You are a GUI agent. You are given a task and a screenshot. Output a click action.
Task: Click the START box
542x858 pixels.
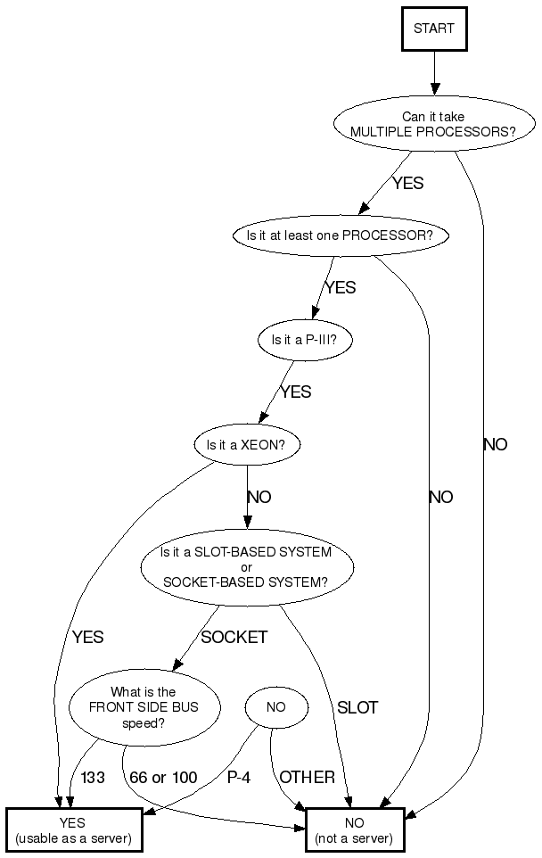coord(434,29)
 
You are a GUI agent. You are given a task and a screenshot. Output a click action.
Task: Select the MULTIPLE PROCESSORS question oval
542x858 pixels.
coord(433,124)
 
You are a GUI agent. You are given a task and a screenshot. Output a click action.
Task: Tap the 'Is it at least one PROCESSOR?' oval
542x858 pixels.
coord(339,235)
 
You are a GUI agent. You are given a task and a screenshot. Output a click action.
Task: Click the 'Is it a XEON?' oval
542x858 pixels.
coord(247,444)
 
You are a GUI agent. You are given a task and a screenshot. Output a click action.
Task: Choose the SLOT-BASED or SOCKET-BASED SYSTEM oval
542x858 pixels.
coord(246,566)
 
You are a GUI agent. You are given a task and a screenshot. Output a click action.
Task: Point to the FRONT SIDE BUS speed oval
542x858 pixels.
coord(144,707)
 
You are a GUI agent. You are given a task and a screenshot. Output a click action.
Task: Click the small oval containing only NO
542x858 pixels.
coord(276,707)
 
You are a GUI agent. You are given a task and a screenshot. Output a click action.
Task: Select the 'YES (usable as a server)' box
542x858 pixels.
coord(74,830)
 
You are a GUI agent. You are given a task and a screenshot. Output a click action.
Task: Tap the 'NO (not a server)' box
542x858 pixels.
coord(354,830)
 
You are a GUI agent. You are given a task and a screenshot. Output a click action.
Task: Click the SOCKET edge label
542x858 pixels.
coord(234,638)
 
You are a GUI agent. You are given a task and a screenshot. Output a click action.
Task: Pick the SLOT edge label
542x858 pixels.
coord(357,708)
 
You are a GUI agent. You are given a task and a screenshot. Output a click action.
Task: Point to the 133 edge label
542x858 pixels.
coord(93,778)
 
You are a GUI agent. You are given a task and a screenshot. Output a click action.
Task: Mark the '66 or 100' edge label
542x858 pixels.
coord(163,778)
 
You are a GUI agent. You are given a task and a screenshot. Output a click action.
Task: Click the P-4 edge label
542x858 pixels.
coord(239,778)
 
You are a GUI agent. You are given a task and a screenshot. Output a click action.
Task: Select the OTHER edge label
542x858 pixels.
coord(307,778)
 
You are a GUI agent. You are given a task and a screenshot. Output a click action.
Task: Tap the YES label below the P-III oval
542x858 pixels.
coord(296,392)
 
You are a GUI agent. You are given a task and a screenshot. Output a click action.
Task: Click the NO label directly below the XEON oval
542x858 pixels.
coord(259,498)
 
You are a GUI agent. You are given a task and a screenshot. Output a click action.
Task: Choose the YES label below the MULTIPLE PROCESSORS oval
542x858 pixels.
coord(407,184)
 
